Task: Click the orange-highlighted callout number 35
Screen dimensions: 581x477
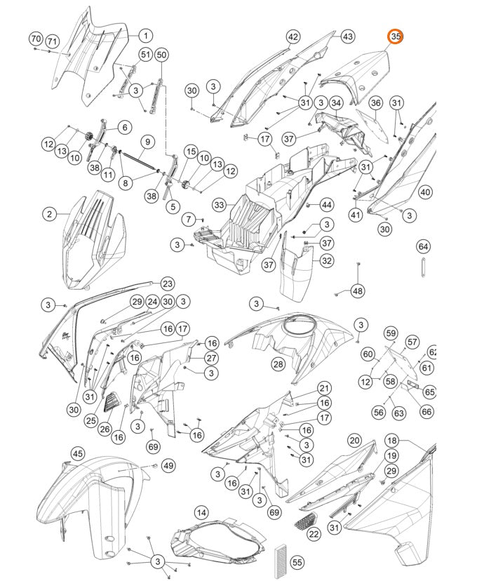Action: (396, 36)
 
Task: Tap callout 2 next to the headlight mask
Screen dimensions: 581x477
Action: (49, 213)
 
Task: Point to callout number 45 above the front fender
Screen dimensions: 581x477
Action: (78, 454)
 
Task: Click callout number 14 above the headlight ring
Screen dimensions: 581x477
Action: (201, 512)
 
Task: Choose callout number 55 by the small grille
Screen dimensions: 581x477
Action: (297, 562)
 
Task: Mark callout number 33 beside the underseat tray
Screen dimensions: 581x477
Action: (220, 205)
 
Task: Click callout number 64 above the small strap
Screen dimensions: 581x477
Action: (423, 246)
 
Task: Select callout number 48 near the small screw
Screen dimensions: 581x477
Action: (358, 290)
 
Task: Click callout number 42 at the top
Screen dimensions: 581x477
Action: (293, 36)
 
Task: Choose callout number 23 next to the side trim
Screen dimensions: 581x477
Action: (167, 283)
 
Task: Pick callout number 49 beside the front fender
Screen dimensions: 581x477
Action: (168, 465)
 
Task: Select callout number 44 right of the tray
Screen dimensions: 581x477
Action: (326, 204)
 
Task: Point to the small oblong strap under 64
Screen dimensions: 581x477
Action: (423, 267)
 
